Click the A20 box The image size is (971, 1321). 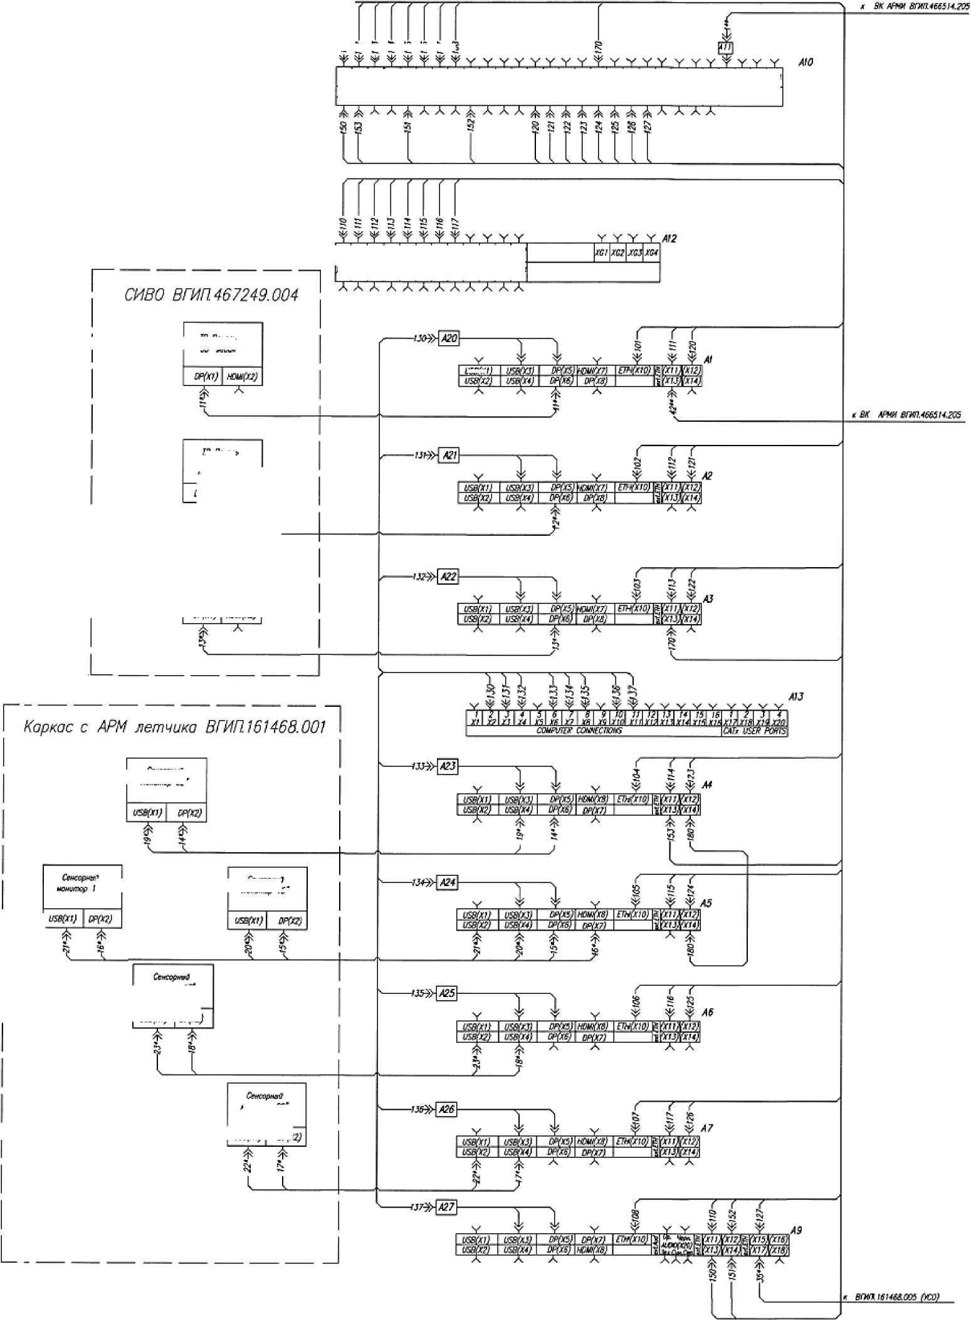(449, 338)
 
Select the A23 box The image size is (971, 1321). (448, 766)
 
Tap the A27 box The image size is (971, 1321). (446, 1206)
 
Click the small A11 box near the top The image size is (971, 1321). (725, 47)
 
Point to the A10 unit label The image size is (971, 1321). (806, 62)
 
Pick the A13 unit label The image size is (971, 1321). (795, 697)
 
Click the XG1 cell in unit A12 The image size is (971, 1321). (601, 253)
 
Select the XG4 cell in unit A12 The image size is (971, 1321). (652, 253)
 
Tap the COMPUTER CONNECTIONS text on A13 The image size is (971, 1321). (579, 731)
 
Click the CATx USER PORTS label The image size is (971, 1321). (755, 731)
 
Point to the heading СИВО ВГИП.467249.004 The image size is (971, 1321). (211, 295)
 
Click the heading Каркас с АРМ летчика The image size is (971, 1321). (174, 727)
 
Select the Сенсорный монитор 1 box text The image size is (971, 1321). (80, 883)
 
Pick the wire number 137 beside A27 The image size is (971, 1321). (417, 1207)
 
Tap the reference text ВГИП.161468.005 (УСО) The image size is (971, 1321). (896, 1297)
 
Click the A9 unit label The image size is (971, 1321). (795, 1230)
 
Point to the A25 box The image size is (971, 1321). (446, 993)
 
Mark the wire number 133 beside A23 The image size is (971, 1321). (419, 766)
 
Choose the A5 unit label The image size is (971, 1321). (706, 903)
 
